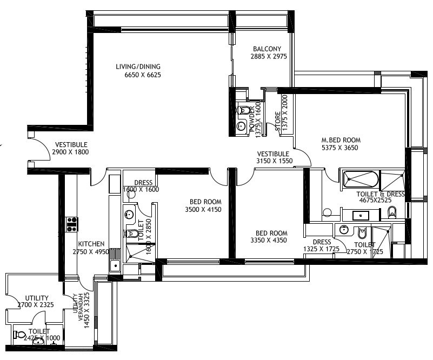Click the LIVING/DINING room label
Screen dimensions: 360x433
click(x=138, y=67)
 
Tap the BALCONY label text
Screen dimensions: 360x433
click(x=267, y=49)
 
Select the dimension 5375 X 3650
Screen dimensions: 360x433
click(x=339, y=148)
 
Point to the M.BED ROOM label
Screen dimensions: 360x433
click(x=341, y=140)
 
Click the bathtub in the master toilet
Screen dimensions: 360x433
click(x=359, y=179)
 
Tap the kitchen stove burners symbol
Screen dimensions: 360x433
click(x=72, y=224)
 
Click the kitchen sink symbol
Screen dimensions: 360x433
click(x=115, y=265)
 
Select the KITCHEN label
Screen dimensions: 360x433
click(x=91, y=244)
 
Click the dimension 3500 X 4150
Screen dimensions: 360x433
click(x=203, y=210)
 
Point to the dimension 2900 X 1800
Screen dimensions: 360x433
click(x=70, y=152)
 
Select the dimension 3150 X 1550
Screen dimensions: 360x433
click(x=275, y=161)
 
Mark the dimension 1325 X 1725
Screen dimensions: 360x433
click(x=322, y=249)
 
